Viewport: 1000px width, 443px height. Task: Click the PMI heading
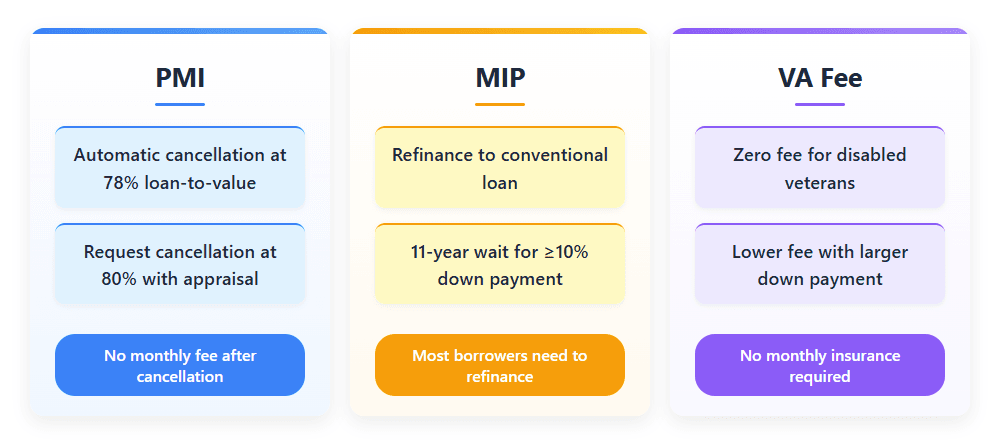point(180,78)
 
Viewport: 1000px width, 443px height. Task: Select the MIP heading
point(500,78)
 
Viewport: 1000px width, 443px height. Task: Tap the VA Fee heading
point(820,78)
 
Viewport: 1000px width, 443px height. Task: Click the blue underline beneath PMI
point(180,104)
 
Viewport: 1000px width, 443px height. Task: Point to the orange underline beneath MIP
point(500,104)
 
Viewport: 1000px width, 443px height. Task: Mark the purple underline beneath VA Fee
point(820,104)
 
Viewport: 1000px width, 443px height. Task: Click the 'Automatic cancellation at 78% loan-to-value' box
point(180,169)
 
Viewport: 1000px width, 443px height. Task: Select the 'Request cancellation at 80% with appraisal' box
point(180,265)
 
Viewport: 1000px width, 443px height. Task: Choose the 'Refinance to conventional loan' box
point(500,169)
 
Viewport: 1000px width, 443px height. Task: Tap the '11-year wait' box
point(500,265)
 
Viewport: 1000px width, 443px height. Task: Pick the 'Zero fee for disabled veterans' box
point(820,169)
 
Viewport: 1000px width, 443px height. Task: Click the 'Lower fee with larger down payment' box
point(820,265)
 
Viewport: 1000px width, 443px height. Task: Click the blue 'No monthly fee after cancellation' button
point(180,365)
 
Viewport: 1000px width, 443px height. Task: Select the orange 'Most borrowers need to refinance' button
point(500,365)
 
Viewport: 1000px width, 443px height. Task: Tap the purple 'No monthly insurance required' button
point(820,365)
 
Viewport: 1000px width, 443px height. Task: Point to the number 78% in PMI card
point(121,183)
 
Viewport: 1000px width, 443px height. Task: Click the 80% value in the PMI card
point(119,279)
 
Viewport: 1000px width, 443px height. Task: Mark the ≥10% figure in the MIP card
point(565,252)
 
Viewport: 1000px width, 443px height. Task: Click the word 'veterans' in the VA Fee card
point(820,183)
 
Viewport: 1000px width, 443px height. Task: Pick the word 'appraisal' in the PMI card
point(219,279)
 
